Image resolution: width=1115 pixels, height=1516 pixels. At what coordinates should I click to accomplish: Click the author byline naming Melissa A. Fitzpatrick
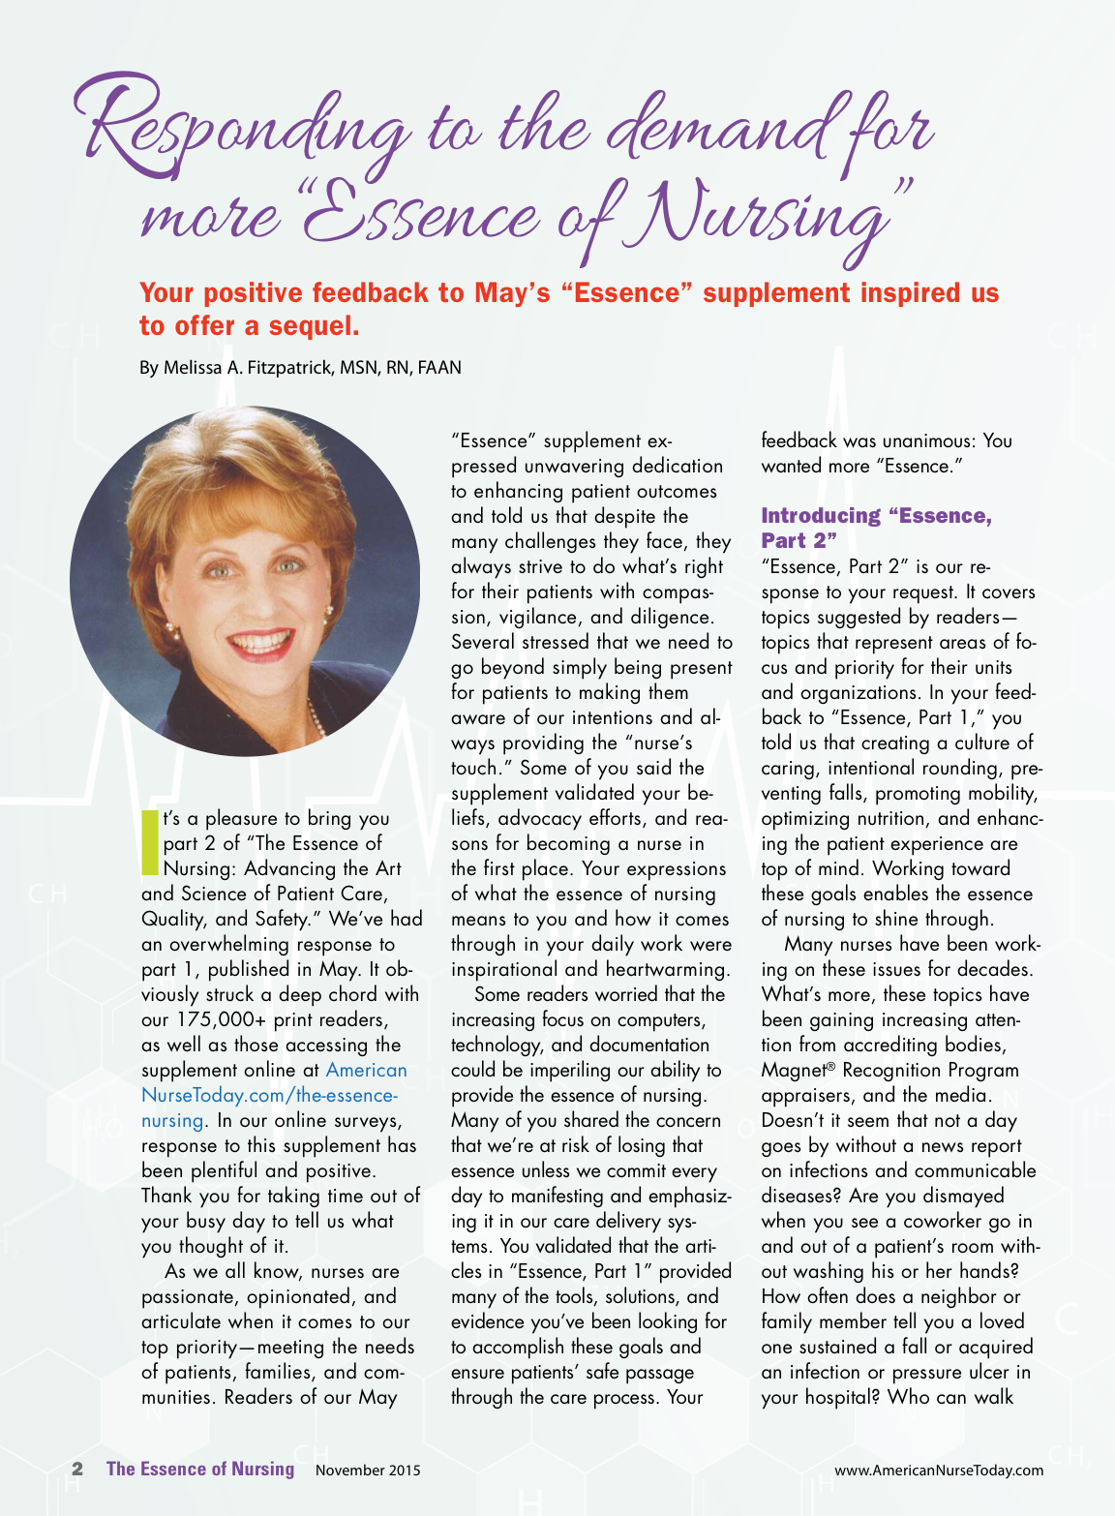pyautogui.click(x=300, y=368)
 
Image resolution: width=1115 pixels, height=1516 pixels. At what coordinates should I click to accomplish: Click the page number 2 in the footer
pyautogui.click(x=77, y=1469)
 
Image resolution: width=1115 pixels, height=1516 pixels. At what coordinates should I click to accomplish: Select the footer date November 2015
pyautogui.click(x=368, y=1470)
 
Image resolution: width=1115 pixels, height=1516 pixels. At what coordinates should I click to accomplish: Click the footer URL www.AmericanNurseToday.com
pyautogui.click(x=939, y=1470)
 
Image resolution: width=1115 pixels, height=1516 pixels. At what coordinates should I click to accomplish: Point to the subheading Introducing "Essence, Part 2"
pyautogui.click(x=876, y=528)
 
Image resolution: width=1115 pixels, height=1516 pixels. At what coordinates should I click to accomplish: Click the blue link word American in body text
pyautogui.click(x=366, y=1070)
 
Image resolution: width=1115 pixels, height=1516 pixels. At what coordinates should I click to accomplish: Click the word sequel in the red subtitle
pyautogui.click(x=313, y=326)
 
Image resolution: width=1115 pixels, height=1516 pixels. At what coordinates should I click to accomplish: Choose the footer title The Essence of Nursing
pyautogui.click(x=200, y=1469)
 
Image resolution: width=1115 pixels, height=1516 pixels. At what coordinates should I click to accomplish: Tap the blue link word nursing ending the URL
pyautogui.click(x=172, y=1120)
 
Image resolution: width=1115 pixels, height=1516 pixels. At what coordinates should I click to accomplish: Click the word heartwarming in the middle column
pyautogui.click(x=668, y=969)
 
